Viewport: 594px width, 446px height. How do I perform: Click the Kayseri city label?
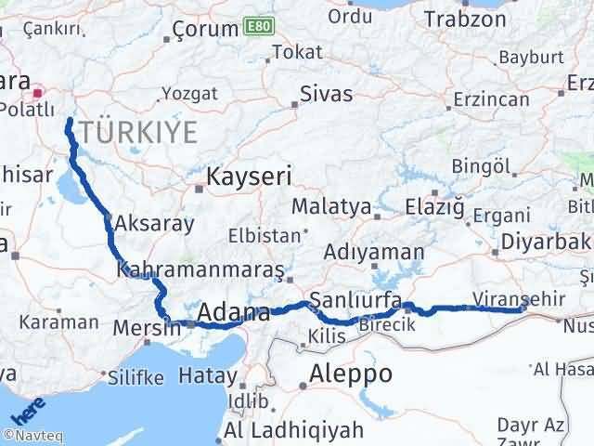click(x=249, y=176)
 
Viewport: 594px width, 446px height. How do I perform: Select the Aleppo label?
click(x=351, y=374)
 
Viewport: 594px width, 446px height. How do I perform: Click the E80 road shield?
click(x=258, y=27)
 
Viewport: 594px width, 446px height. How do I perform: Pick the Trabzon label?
click(x=465, y=18)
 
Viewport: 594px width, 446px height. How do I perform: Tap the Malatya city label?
click(x=331, y=206)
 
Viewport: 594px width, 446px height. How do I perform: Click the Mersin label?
click(x=145, y=328)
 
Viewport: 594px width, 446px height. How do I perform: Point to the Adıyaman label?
click(x=374, y=252)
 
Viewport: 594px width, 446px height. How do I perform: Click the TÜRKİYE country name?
click(x=136, y=132)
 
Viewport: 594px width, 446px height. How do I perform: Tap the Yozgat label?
click(x=189, y=93)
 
